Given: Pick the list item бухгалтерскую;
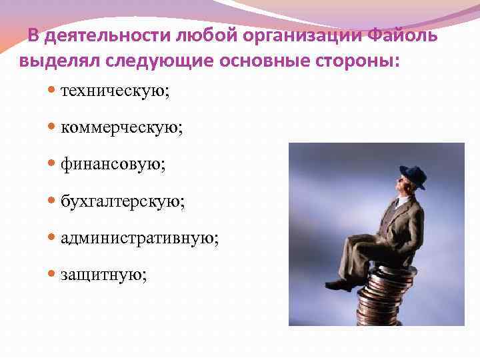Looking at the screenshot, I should (123, 200).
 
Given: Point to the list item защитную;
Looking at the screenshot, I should (103, 274).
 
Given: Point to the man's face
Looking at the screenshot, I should (407, 187).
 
